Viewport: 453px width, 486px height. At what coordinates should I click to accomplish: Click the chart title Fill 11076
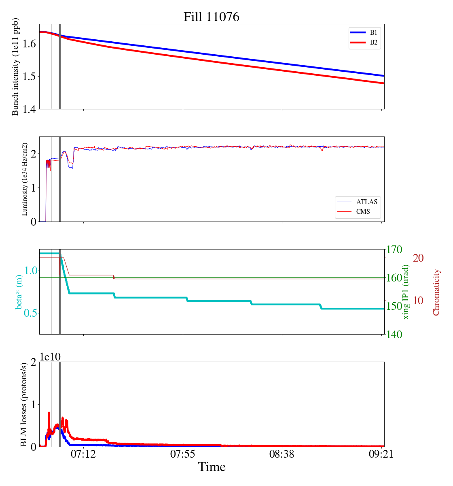pos(212,17)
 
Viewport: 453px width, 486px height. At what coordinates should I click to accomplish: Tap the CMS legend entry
pos(363,211)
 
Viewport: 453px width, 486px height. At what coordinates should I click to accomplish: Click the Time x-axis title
pos(212,467)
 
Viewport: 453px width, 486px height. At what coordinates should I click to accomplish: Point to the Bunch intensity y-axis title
pos(15,66)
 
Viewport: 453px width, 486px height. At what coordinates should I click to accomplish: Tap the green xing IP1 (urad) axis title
pos(406,292)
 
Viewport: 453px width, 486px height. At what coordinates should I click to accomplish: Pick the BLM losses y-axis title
pos(24,404)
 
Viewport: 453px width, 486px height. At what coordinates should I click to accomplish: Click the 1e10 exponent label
pos(50,357)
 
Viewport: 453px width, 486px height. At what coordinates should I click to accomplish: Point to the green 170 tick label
pos(395,249)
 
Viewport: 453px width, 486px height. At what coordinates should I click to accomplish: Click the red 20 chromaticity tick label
pos(418,258)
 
